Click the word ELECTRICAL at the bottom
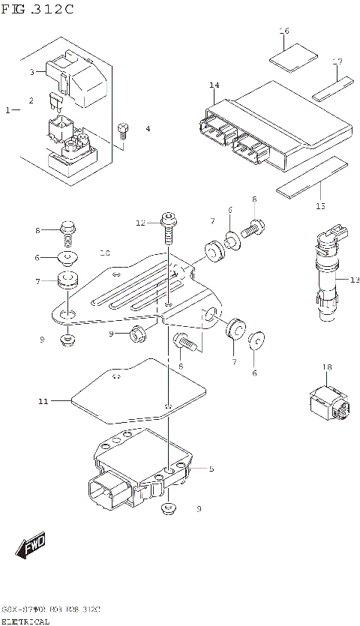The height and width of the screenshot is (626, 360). [x=25, y=621]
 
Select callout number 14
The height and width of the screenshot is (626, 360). [x=214, y=85]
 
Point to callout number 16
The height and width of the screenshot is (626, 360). [x=283, y=31]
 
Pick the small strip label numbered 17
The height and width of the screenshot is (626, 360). [x=332, y=88]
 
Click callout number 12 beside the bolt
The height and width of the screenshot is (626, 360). [x=140, y=223]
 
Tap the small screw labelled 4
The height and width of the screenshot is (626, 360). [x=124, y=130]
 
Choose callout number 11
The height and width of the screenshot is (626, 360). [x=43, y=402]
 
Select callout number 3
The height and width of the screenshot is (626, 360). [x=32, y=72]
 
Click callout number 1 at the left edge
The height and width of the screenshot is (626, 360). [x=7, y=110]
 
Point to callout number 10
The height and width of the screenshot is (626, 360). [x=105, y=253]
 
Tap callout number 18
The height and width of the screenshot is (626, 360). [x=326, y=367]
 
